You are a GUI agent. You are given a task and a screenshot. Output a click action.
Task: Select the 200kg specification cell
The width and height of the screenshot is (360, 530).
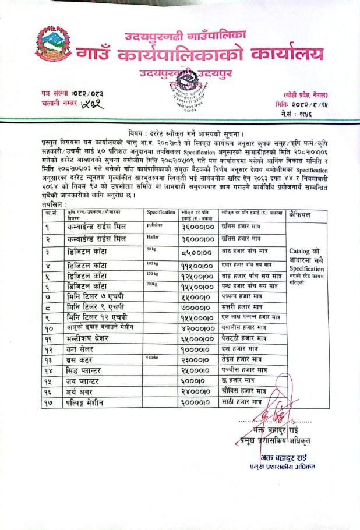(x=154, y=286)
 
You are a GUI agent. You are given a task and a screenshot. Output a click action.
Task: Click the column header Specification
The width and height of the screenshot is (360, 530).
(x=161, y=213)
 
